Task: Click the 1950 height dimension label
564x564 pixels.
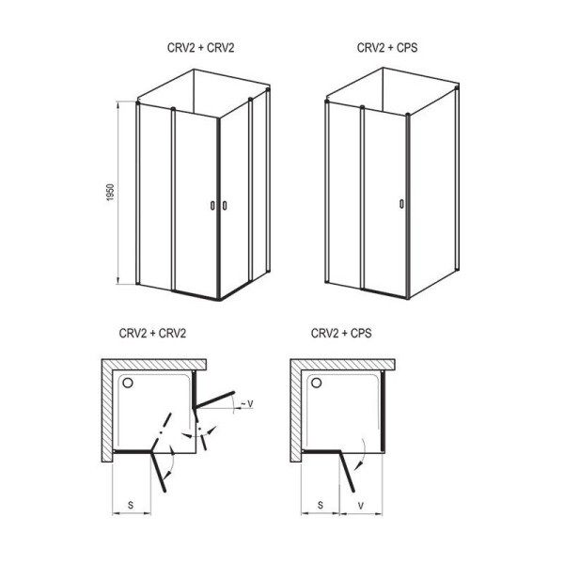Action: click(110, 192)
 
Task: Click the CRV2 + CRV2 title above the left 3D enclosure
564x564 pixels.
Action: click(201, 48)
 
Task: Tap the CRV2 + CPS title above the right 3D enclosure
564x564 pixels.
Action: click(387, 48)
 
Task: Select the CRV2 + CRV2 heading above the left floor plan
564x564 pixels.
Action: click(152, 333)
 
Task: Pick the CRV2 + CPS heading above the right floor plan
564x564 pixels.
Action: click(341, 333)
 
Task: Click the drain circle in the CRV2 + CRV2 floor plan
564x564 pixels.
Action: click(128, 383)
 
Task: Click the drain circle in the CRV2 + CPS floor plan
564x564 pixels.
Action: click(317, 383)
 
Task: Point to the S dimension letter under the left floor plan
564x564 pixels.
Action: click(131, 505)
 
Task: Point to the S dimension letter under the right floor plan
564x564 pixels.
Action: click(321, 505)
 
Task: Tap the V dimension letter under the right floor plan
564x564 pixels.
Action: click(361, 506)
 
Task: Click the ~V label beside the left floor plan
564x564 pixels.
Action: click(246, 404)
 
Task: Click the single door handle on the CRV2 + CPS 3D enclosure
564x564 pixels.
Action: click(401, 204)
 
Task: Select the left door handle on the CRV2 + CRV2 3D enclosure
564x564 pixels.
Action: click(212, 205)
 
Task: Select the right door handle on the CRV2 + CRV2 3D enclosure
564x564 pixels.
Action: click(225, 205)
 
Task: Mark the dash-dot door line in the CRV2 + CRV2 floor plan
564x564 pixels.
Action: click(161, 431)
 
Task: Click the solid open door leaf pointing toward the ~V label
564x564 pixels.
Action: click(214, 399)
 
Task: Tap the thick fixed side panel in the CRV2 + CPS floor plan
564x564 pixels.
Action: click(384, 411)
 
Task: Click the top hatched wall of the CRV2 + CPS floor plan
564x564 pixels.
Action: click(343, 365)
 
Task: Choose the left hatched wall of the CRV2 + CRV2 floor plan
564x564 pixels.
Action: click(107, 411)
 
